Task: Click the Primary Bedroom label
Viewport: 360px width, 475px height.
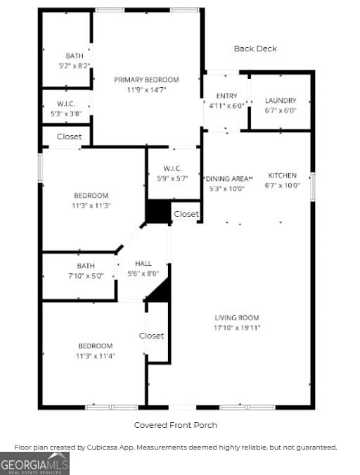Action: pos(146,80)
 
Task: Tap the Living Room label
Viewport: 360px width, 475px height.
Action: pos(237,318)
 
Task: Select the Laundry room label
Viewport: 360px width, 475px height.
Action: pos(280,101)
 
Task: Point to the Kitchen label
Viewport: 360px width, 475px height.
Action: pos(282,175)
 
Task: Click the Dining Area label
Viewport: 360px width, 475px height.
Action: pos(228,179)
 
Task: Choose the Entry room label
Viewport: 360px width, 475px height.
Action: pos(226,96)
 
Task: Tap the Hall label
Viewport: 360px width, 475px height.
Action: pos(143,264)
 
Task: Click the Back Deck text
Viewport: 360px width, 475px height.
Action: pos(255,49)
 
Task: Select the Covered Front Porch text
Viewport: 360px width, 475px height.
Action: pos(175,425)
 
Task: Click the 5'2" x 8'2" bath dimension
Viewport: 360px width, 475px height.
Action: pos(74,65)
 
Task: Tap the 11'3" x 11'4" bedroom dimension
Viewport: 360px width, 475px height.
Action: pos(95,356)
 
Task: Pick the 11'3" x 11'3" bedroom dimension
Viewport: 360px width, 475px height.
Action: pos(91,205)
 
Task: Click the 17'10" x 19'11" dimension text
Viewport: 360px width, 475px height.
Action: pos(237,328)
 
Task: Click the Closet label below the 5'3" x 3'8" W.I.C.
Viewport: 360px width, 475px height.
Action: pos(69,137)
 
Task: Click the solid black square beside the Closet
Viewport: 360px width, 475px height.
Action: pos(158,213)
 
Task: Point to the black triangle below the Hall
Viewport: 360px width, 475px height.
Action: pos(160,291)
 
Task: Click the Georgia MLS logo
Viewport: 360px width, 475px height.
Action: pos(34,462)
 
